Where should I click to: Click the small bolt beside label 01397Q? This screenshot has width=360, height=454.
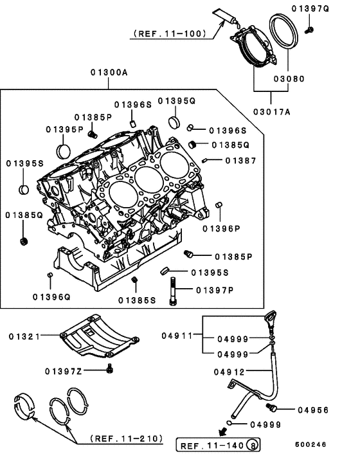pos(309,29)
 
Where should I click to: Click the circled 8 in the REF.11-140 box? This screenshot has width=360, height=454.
pos(253,445)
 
